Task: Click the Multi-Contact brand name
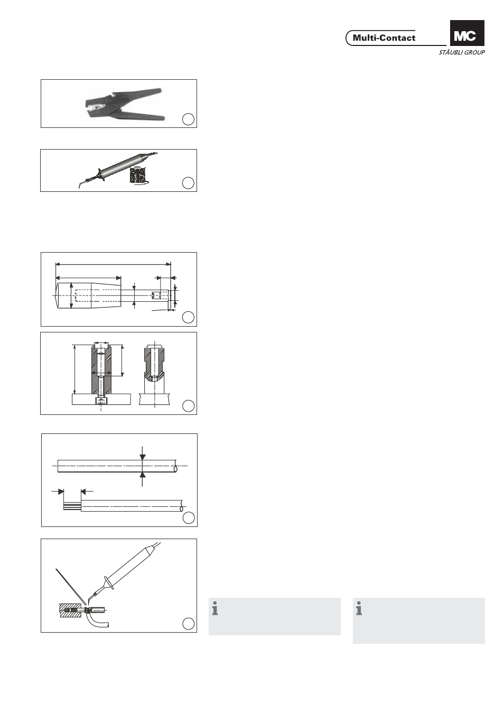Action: pos(384,38)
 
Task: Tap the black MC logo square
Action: pos(467,33)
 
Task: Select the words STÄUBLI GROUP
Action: pos(462,52)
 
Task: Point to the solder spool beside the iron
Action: pos(139,175)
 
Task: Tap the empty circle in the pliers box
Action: pos(188,119)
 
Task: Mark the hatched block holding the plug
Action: pos(68,610)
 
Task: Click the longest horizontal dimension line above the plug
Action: pos(113,264)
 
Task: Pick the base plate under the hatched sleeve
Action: pos(101,400)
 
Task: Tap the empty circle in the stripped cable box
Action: pos(189,518)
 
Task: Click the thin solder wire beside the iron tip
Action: pos(71,586)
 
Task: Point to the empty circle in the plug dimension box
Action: pos(188,317)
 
